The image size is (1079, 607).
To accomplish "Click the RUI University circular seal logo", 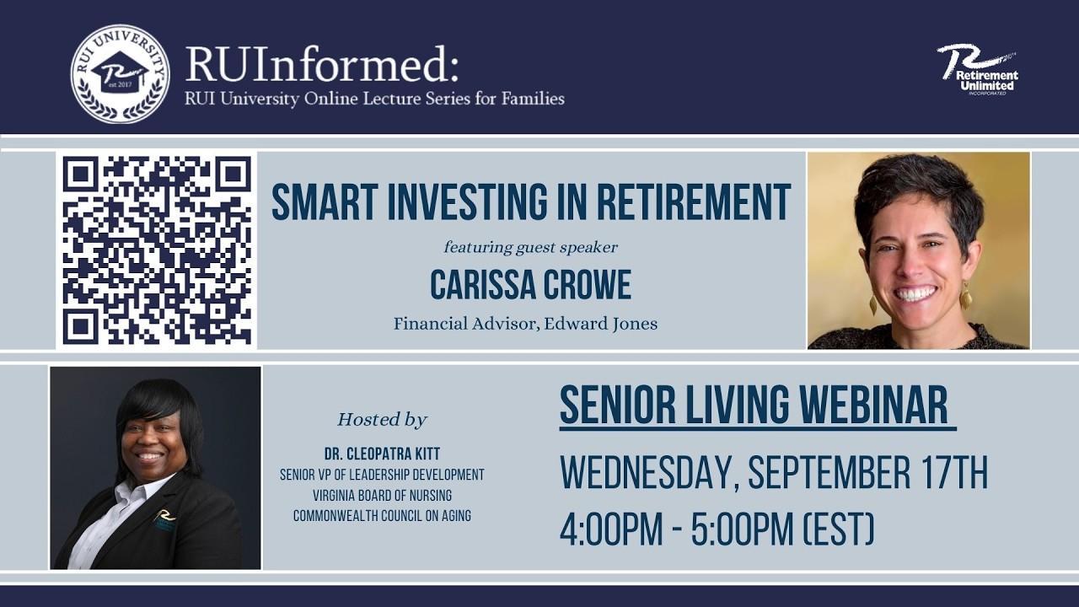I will coord(120,74).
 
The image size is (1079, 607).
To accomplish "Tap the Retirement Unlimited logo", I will coord(979,69).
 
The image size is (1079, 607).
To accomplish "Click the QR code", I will coord(157,250).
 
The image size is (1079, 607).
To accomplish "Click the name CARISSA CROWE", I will coord(530,285).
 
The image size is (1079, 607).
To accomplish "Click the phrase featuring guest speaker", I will coord(530,247).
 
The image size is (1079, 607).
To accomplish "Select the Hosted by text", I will coord(382,420).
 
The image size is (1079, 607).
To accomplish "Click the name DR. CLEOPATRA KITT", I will coord(382,454).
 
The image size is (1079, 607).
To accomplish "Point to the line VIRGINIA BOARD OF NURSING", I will coord(382,495).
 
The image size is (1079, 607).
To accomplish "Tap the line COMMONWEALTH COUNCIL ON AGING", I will coord(382,515).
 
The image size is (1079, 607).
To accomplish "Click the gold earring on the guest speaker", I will coord(965,296).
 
